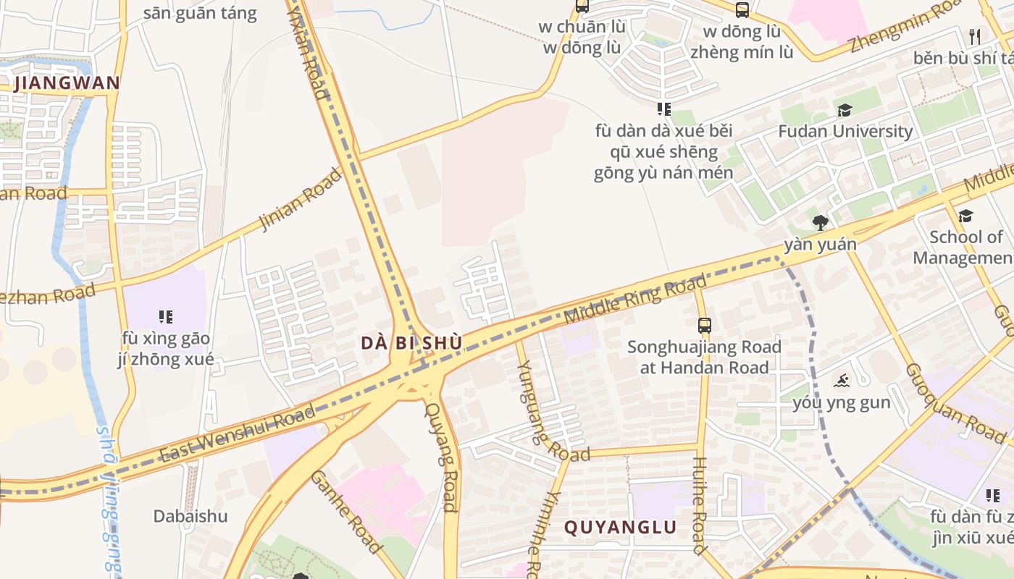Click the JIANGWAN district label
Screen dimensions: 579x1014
(x=67, y=83)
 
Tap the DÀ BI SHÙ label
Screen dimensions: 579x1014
(x=411, y=343)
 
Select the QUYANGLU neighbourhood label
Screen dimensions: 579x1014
(x=620, y=527)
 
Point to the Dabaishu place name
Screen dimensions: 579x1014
(x=190, y=516)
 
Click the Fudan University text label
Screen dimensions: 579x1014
(x=845, y=131)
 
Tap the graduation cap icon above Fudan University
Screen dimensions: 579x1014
(x=845, y=110)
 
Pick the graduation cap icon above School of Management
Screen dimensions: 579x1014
(x=965, y=216)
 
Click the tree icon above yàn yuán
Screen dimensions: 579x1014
(x=820, y=222)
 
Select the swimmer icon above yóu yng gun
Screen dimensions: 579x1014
(x=841, y=381)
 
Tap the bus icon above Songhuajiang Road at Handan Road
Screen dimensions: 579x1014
(x=704, y=325)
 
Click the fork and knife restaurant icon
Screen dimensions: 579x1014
(x=975, y=36)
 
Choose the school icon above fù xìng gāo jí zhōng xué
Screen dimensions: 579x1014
(x=166, y=316)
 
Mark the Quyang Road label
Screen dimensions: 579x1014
(x=441, y=456)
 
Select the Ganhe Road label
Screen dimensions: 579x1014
(x=345, y=511)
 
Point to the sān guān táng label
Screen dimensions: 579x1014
(x=200, y=13)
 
